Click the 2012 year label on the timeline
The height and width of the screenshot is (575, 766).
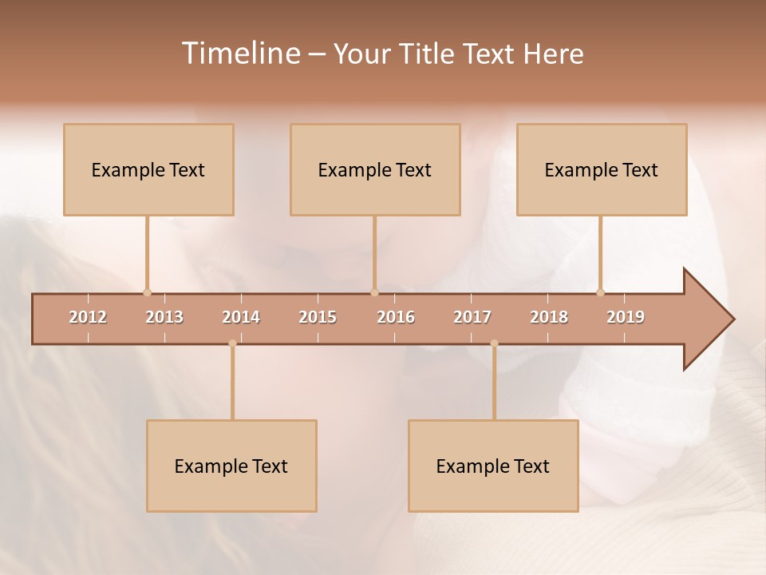point(88,317)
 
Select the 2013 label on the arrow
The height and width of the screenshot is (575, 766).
point(164,317)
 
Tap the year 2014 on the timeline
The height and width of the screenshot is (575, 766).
point(241,317)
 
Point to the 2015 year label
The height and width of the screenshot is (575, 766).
point(318,317)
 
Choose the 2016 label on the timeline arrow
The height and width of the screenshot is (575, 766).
point(396,317)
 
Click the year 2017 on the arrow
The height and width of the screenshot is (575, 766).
point(472,317)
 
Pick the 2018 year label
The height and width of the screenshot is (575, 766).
point(549,317)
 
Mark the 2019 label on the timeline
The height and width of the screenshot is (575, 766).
point(626,317)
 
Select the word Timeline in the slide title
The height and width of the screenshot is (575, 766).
point(240,54)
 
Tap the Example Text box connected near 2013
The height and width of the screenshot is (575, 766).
point(148,169)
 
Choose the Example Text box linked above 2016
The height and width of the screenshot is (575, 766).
point(375,169)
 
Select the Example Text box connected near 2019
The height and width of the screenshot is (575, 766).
point(602,169)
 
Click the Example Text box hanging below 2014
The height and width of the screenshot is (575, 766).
point(231,466)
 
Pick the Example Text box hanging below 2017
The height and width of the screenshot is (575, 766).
point(493,466)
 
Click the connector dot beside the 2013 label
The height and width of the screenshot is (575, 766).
point(147,292)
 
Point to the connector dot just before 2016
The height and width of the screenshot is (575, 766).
point(374,292)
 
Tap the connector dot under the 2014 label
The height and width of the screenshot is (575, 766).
point(232,343)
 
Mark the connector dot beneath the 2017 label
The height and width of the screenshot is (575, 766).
point(494,343)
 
